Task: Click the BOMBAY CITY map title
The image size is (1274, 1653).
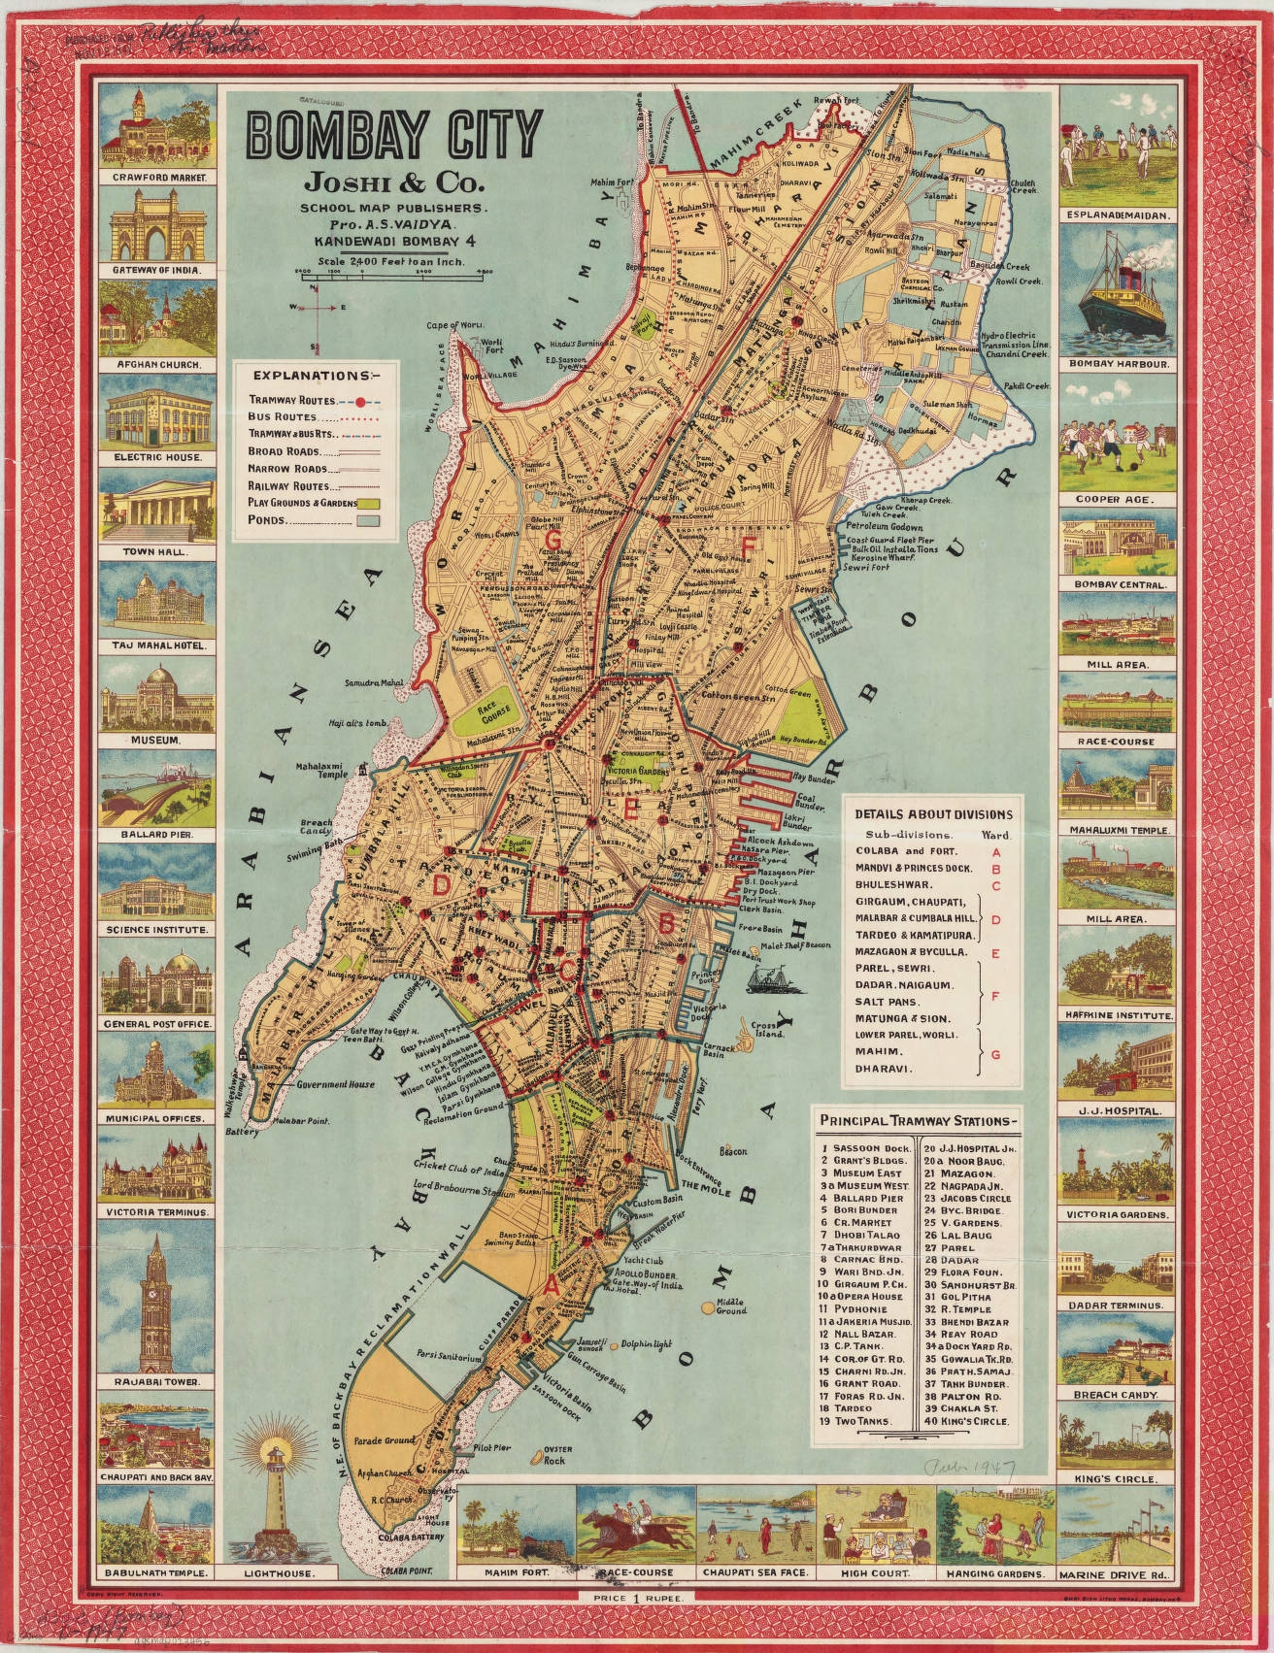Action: click(393, 134)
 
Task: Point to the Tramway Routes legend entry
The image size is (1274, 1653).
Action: click(291, 400)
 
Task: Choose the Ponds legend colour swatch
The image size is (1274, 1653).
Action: click(368, 520)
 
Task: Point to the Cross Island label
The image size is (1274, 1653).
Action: click(767, 1031)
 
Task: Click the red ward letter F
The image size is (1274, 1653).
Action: click(748, 546)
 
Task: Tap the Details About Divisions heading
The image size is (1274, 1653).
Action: click(932, 814)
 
